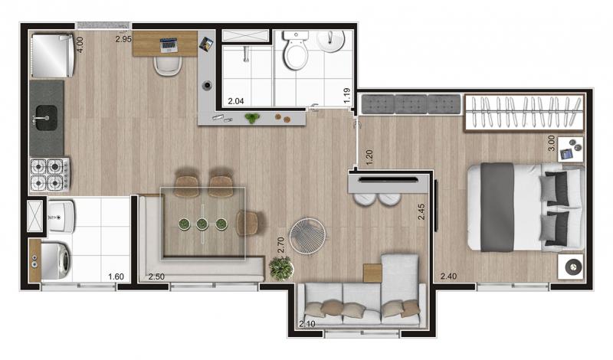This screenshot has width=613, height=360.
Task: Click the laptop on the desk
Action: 169,45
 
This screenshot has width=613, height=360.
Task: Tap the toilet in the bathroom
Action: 296,50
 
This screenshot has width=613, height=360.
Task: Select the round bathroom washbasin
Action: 331,41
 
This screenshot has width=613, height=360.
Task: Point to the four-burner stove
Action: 50,174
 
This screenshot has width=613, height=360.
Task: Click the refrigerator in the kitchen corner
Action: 52,55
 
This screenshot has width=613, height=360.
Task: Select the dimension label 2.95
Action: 123,39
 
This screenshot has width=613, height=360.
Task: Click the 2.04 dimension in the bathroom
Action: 236,101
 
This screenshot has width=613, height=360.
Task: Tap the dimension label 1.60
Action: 116,277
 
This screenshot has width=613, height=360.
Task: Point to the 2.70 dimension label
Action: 280,244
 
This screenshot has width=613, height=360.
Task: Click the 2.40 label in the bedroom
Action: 448,276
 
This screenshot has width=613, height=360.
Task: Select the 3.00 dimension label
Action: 551,143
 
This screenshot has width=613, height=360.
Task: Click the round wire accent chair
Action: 307,237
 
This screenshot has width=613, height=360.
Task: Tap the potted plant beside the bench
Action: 281,269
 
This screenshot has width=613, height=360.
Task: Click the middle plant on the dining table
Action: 202,224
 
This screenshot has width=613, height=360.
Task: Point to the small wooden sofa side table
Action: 372,273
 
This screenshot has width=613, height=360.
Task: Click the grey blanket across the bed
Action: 497,207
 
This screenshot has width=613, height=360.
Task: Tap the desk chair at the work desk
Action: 168,65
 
